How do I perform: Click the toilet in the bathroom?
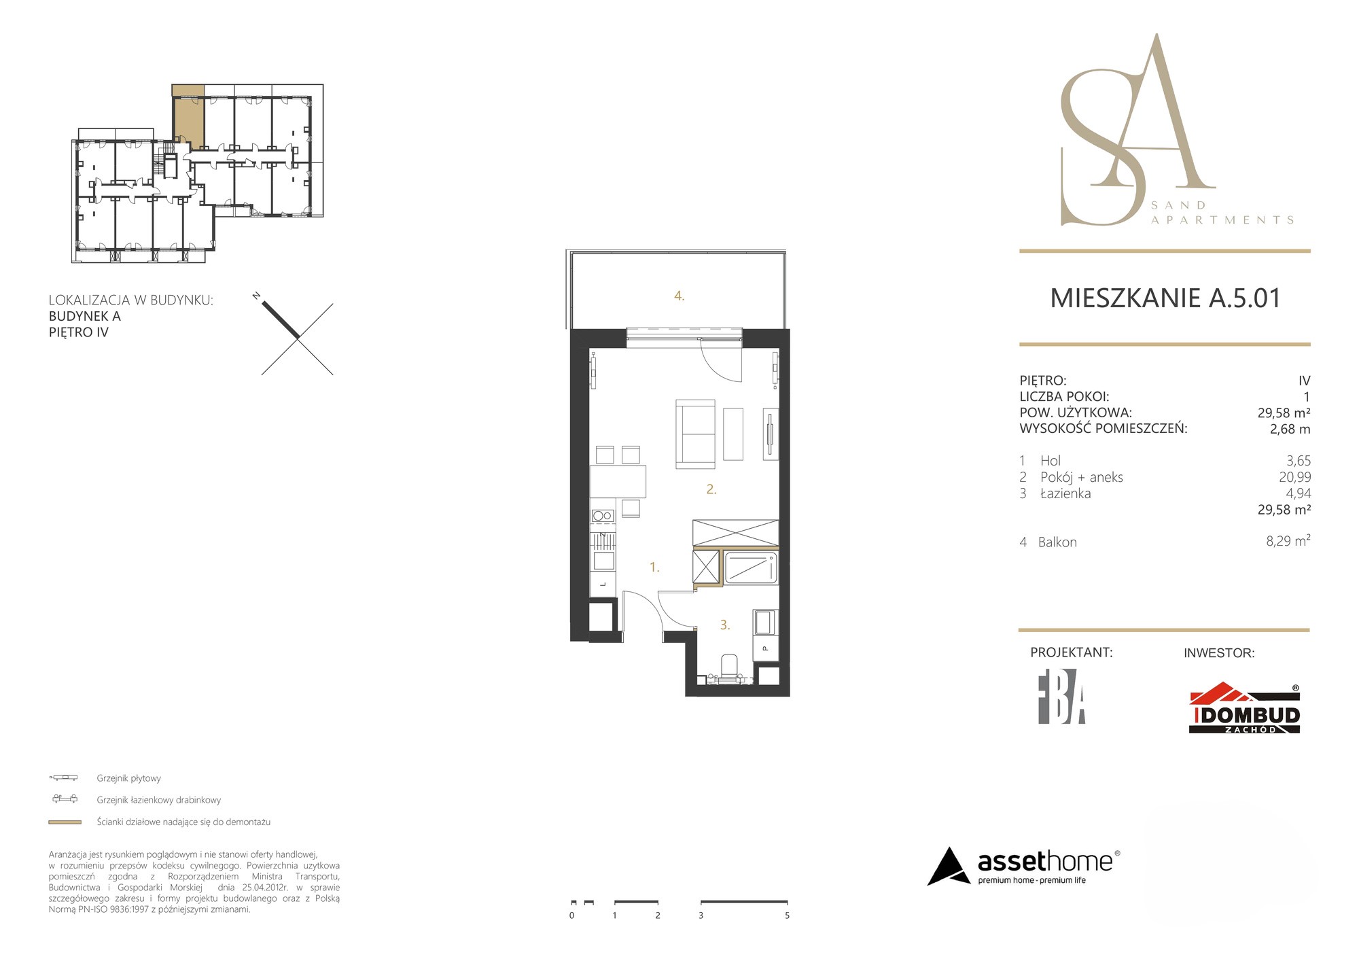[729, 667]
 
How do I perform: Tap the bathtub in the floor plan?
[751, 567]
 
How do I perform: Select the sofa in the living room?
[695, 434]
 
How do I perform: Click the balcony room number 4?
[679, 296]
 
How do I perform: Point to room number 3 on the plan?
[725, 625]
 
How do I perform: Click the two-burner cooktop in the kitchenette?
[603, 516]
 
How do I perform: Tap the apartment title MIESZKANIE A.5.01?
[1165, 298]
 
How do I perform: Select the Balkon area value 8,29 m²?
[1288, 541]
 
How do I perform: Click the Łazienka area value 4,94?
[1298, 493]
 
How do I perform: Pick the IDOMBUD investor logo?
[1244, 708]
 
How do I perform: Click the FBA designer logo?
[1061, 697]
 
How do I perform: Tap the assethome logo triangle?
[949, 867]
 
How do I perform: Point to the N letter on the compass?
[256, 296]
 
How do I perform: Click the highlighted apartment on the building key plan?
[188, 117]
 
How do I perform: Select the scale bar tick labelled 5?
[787, 915]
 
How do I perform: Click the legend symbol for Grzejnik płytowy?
[64, 777]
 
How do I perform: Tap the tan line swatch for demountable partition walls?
[65, 822]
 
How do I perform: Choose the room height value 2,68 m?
[1290, 429]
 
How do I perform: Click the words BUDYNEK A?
[85, 316]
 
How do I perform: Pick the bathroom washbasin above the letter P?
[765, 623]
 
